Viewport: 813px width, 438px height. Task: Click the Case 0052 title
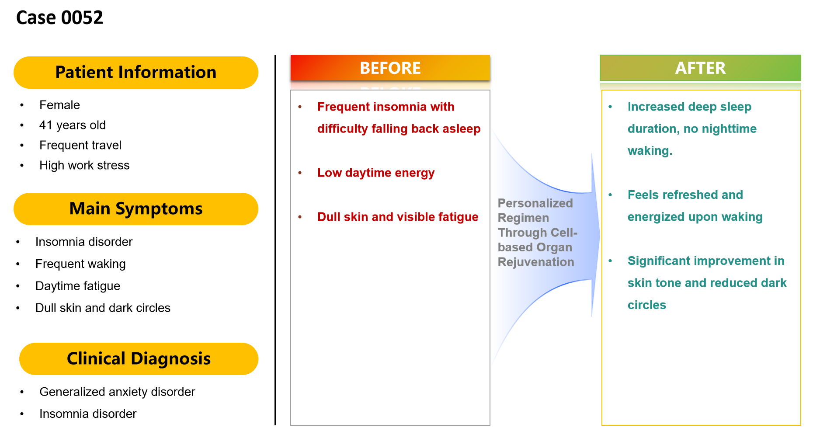point(59,18)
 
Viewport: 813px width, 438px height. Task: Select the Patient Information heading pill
point(136,73)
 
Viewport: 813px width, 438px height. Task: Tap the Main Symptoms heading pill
point(136,209)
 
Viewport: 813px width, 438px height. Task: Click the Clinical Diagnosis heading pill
point(139,359)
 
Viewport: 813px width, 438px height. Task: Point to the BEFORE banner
point(390,68)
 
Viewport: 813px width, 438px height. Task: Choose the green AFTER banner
point(700,68)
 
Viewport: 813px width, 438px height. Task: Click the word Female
point(59,105)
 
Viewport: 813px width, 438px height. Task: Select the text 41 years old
point(73,125)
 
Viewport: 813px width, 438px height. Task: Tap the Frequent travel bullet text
point(80,146)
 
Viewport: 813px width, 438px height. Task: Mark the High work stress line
point(84,166)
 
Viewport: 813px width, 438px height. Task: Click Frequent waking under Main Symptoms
point(80,264)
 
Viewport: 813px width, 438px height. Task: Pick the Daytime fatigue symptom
point(78,286)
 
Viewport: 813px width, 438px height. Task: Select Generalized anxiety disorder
point(117,392)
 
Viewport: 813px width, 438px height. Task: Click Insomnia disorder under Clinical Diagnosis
point(88,414)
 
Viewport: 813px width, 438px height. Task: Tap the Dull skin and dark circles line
point(103,308)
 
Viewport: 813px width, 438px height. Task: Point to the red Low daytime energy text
point(376,173)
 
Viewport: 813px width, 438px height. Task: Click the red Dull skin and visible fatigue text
point(398,217)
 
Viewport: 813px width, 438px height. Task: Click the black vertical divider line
point(275,240)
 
